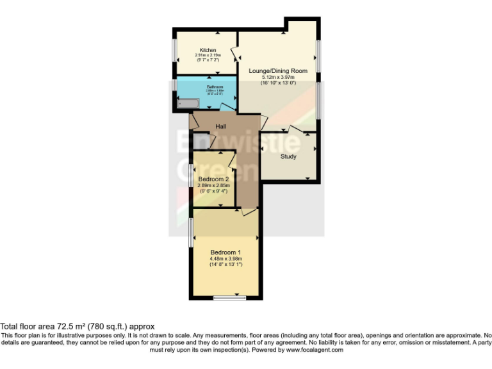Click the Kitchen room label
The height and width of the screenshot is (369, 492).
coord(207,50)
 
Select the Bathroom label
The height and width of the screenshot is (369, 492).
coord(215,86)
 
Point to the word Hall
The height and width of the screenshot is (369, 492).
coord(221,126)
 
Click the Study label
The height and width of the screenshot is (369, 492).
coord(288,156)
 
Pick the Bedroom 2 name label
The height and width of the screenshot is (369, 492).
coord(213,179)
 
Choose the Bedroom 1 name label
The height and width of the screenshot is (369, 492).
coord(226,252)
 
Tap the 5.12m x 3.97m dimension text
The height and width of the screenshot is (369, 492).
coord(278,77)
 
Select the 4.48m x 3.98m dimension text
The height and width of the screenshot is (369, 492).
coord(226,259)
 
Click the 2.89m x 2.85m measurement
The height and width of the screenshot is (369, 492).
coord(213,185)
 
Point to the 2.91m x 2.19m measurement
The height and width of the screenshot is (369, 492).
coord(208,55)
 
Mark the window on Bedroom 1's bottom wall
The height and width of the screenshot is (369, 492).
coord(229,298)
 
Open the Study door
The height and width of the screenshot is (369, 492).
coord(296,129)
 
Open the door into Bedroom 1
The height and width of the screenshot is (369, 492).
coord(250,211)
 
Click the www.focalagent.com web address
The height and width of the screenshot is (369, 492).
coord(314,350)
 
